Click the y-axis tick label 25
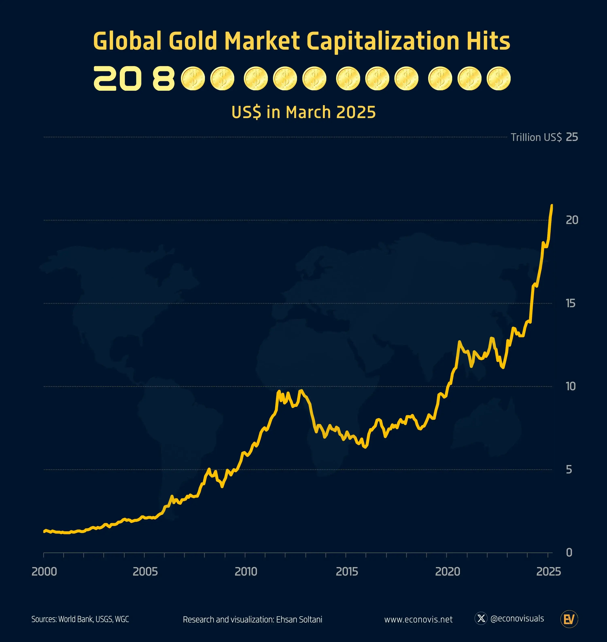coord(572,137)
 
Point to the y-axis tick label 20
coord(572,220)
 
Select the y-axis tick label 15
coord(570,304)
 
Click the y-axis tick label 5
coord(569,470)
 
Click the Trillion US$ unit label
coord(536,137)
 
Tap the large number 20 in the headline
coord(117,78)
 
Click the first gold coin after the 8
coord(193,78)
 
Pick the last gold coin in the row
coord(499,78)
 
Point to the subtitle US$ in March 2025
coord(303,112)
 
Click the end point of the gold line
coord(552,205)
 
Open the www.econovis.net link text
coord(418,619)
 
